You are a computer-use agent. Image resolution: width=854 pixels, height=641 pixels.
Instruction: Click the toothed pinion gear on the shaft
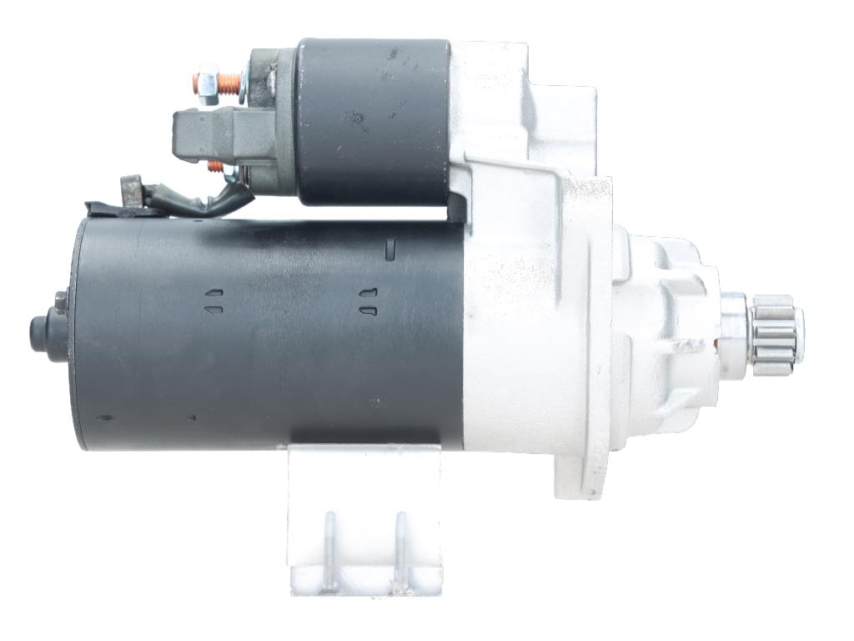pos(773,331)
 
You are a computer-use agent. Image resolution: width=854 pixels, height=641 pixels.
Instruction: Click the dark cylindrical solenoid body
pos(374,121)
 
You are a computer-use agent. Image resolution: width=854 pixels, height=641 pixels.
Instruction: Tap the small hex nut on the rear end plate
pos(60,302)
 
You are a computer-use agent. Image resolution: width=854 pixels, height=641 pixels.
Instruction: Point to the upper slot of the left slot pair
pos(213,294)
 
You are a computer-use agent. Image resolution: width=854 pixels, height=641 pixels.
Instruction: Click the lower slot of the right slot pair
pos(368,310)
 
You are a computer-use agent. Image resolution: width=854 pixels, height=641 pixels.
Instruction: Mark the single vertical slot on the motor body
pos(389,249)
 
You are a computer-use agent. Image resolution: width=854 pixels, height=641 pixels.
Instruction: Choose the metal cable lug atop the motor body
pos(132,190)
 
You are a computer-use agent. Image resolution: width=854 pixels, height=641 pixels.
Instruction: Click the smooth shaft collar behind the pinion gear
pos(734,334)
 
